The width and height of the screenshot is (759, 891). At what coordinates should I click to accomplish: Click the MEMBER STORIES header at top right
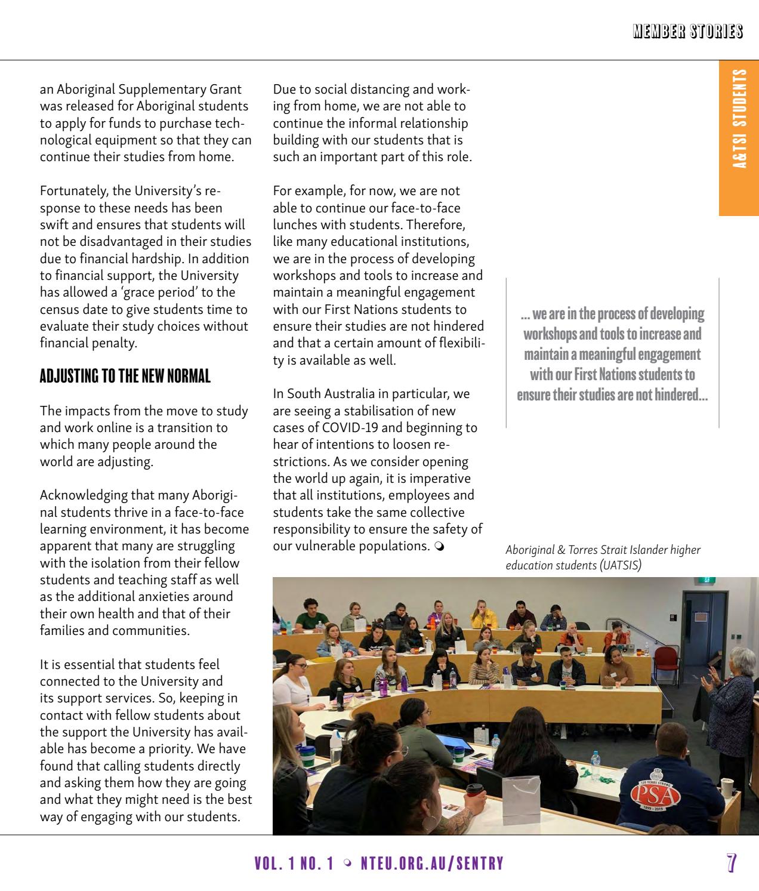[688, 32]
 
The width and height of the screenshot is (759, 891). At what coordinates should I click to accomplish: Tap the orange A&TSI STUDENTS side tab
[739, 119]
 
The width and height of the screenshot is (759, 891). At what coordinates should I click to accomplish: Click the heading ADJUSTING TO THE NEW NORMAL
[125, 377]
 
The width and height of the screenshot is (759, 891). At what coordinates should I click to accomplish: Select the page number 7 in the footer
[732, 863]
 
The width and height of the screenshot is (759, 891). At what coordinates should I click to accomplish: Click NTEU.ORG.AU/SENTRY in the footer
[432, 864]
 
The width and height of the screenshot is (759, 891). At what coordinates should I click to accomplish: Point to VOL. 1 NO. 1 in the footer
[294, 864]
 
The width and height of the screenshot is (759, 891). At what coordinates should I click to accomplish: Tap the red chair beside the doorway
[667, 661]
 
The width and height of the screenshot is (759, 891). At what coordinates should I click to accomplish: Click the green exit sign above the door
[706, 579]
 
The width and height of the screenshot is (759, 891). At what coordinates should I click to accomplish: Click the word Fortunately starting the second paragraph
[74, 191]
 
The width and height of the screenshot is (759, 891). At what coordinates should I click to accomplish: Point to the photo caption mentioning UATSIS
[603, 557]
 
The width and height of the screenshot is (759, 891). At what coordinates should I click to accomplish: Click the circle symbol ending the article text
[439, 547]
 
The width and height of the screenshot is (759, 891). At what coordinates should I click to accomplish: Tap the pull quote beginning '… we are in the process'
[612, 354]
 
